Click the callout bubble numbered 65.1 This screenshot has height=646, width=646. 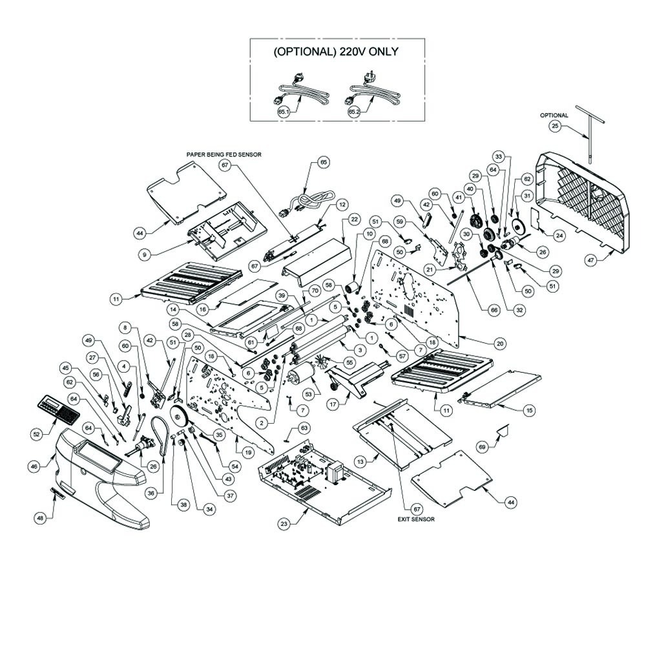(x=283, y=111)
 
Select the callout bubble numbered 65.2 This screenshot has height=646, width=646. (x=353, y=111)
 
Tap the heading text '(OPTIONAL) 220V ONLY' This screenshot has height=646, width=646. (x=336, y=52)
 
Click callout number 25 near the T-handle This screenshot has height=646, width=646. (x=555, y=126)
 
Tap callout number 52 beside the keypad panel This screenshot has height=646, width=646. (x=36, y=434)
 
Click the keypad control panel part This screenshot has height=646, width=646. (x=56, y=408)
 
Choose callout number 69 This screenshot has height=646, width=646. (x=481, y=446)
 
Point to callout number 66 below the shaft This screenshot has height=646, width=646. (x=494, y=310)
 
